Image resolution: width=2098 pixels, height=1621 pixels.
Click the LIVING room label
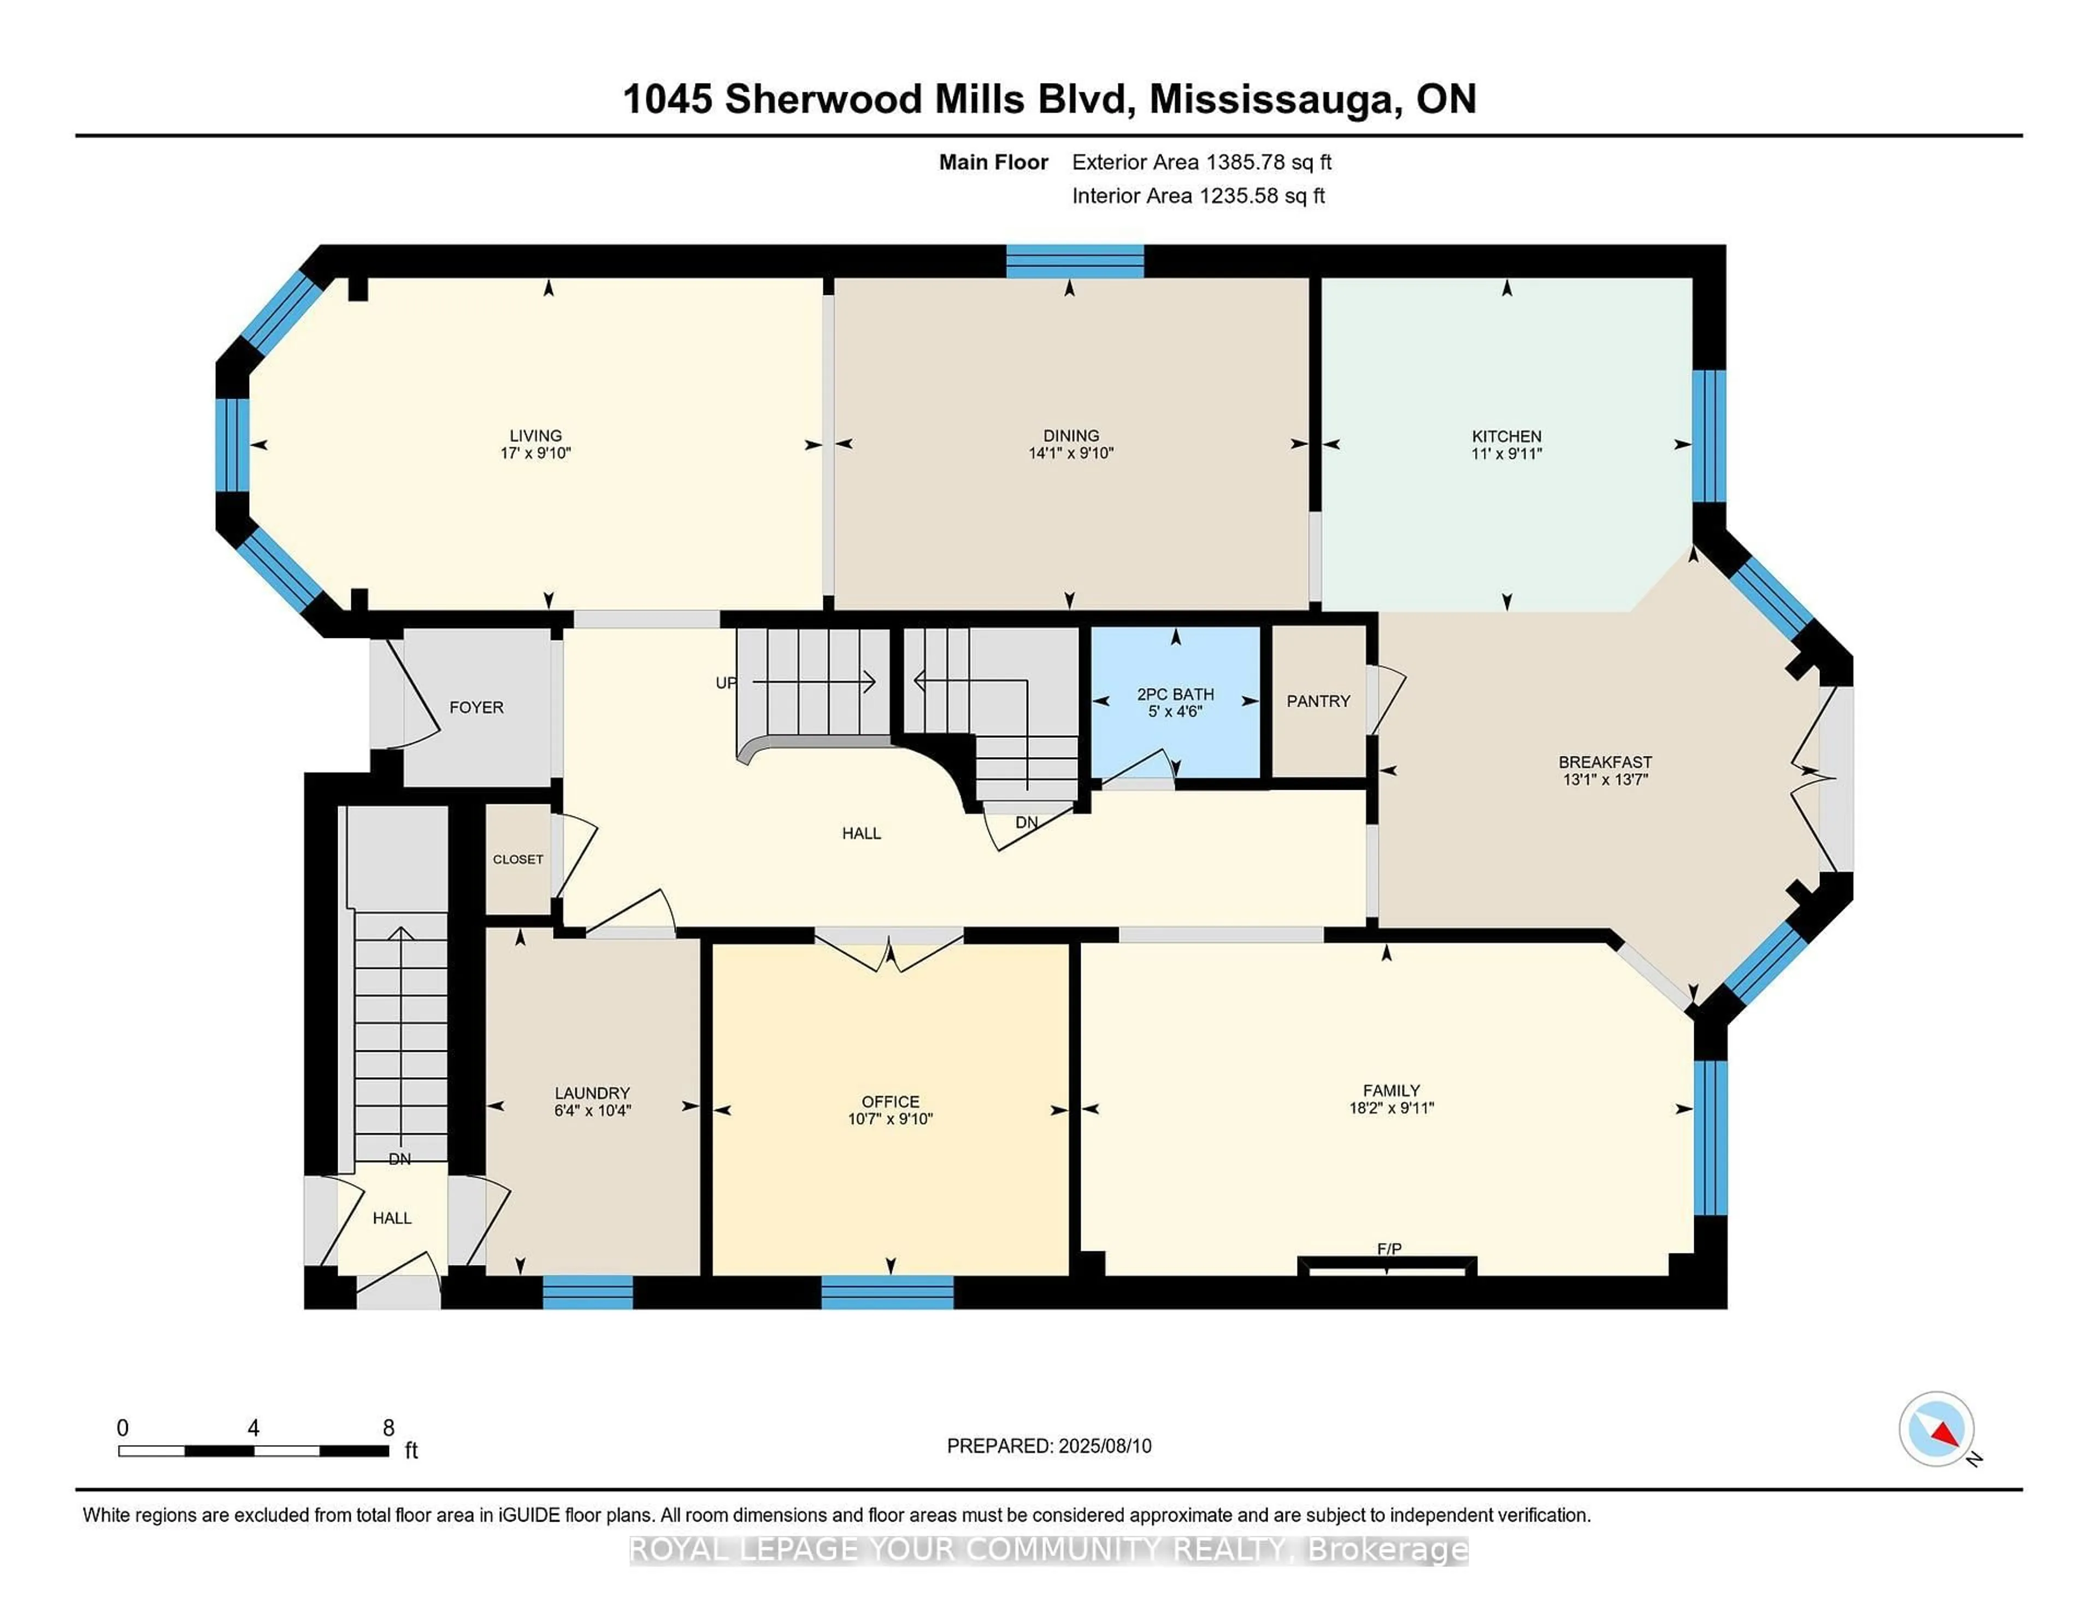(535, 435)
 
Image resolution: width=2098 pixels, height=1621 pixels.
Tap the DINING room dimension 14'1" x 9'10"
(1070, 453)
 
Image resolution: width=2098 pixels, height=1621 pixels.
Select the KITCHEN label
(1506, 436)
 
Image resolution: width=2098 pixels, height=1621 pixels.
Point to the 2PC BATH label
(1175, 693)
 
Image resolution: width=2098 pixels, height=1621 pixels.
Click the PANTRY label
(1318, 701)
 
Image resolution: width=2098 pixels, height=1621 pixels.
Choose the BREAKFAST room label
(1604, 761)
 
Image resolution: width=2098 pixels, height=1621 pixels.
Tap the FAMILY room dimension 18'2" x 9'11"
(1391, 1107)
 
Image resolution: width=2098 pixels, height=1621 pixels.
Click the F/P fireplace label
(1389, 1249)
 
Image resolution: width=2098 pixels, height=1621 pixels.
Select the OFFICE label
(889, 1102)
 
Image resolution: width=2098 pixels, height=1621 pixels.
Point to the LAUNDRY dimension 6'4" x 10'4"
(592, 1110)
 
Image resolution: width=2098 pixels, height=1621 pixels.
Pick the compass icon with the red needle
(1936, 1429)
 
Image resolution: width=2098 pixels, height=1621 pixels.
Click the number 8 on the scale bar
(388, 1428)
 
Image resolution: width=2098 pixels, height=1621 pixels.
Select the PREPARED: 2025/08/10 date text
(1049, 1445)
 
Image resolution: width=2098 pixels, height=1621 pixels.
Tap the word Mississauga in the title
(1273, 99)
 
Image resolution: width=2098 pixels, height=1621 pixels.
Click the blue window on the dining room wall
(1074, 261)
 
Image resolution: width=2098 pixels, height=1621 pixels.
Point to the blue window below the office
(887, 1292)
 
